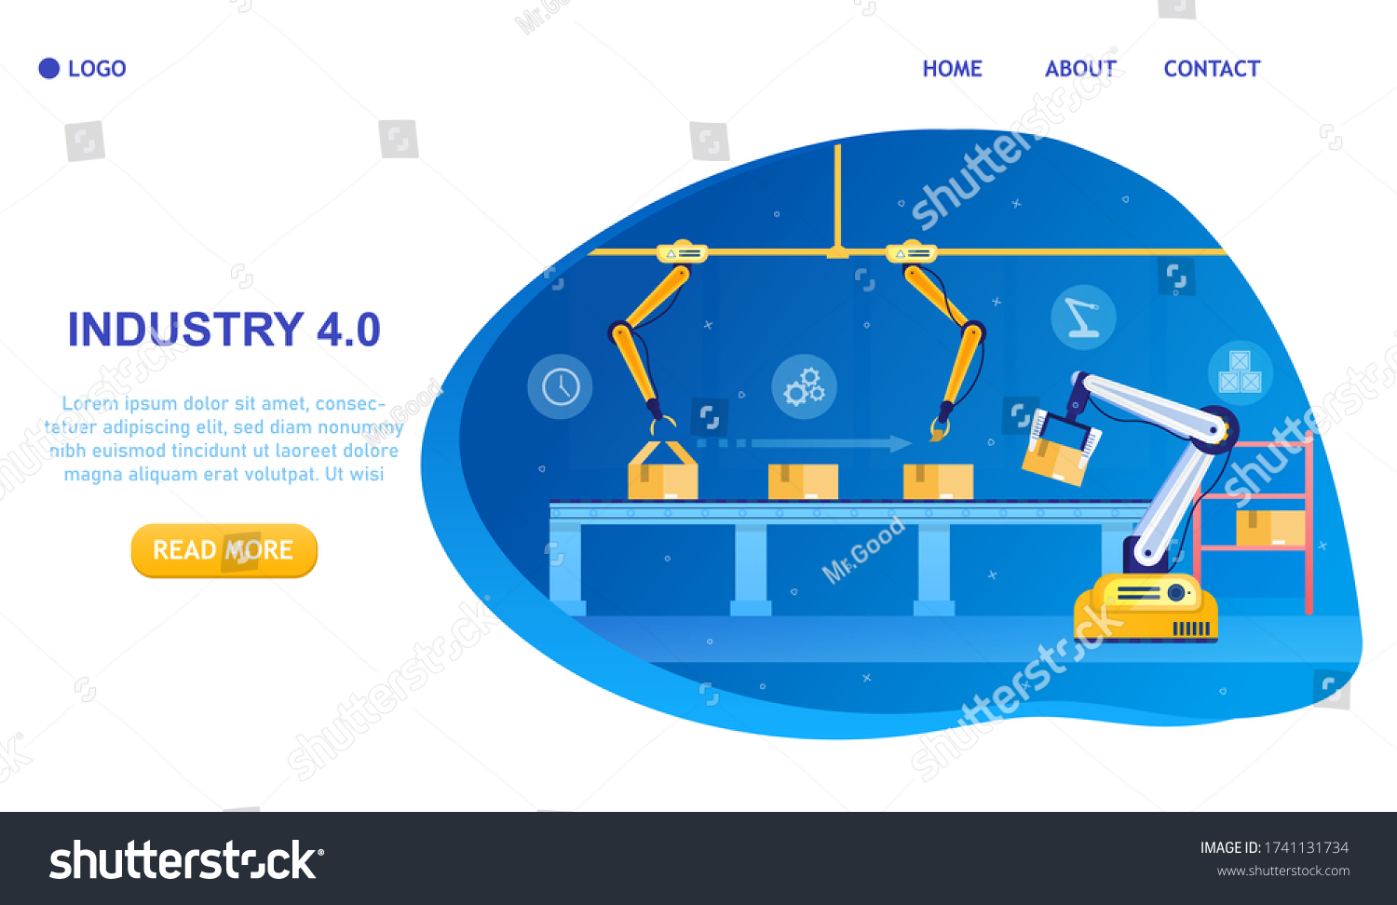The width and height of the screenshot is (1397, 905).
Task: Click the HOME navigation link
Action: click(953, 69)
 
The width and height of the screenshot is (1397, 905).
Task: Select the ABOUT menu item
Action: click(1080, 69)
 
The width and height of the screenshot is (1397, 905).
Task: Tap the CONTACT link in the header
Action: click(1212, 69)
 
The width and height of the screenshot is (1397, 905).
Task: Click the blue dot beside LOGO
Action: click(49, 69)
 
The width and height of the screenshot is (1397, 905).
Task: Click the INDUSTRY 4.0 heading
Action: click(224, 329)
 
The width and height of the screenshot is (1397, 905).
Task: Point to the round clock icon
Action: click(560, 386)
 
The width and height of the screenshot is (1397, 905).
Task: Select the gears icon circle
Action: click(804, 386)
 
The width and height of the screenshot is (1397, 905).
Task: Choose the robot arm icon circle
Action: click(1083, 317)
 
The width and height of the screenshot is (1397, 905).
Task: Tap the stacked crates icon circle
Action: click(1241, 372)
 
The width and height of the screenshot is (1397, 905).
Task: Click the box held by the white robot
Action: click(1054, 461)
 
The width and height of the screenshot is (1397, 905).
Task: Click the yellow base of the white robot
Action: click(1146, 608)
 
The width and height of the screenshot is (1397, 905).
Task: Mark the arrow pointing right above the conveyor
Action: click(805, 443)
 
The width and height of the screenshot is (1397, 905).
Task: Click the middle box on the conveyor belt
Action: click(803, 481)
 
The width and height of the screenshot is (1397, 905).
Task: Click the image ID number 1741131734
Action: click(1306, 847)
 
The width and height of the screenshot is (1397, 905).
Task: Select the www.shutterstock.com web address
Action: click(1282, 871)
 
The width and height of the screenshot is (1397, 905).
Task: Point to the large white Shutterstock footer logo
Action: click(186, 860)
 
